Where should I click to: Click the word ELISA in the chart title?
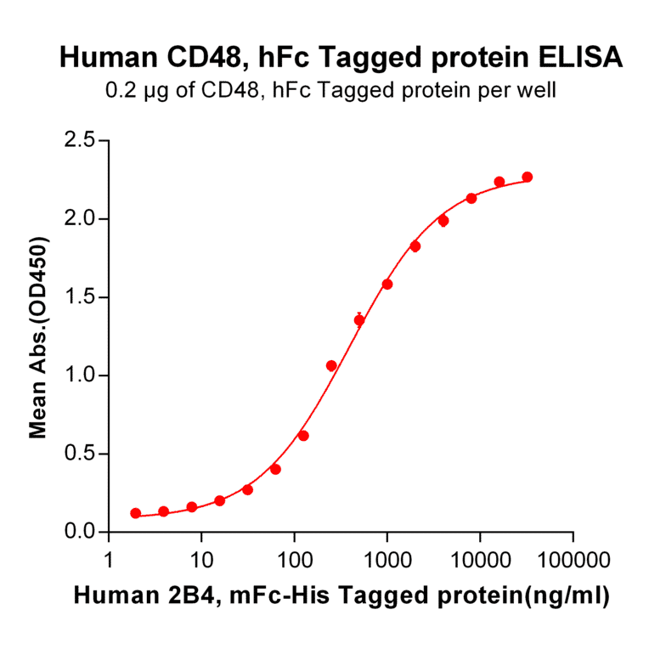(x=582, y=58)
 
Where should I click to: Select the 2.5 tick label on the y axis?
(x=80, y=140)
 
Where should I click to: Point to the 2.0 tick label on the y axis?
(x=80, y=219)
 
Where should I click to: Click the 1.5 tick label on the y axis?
(x=80, y=297)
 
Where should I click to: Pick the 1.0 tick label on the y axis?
(x=80, y=375)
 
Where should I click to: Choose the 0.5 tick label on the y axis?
(x=80, y=454)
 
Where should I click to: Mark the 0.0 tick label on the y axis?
(x=80, y=533)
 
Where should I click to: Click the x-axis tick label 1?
(x=109, y=562)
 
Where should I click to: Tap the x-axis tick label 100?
(x=294, y=562)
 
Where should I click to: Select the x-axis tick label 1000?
(x=387, y=562)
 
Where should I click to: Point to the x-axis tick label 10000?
(x=480, y=562)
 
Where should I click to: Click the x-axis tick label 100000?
(x=573, y=562)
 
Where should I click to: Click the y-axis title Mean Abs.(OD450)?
(x=38, y=337)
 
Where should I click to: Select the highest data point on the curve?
(x=528, y=177)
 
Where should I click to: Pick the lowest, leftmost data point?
(x=136, y=513)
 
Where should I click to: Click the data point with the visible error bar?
(x=359, y=320)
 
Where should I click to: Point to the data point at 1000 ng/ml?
(x=387, y=284)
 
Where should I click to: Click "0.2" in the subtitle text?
(x=117, y=90)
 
